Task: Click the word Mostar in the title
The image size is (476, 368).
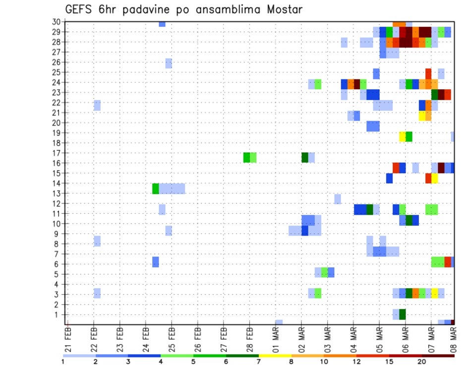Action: coord(283,9)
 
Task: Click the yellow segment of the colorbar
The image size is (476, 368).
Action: coord(275,355)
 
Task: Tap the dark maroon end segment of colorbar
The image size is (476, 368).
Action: coord(438,355)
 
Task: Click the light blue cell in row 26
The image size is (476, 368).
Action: coord(169,63)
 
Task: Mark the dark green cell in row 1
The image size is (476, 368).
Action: coord(402,314)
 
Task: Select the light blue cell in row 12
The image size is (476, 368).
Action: coord(337,199)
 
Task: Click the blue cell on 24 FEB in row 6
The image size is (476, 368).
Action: coord(156,262)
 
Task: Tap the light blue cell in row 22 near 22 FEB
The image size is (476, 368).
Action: coord(97,105)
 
